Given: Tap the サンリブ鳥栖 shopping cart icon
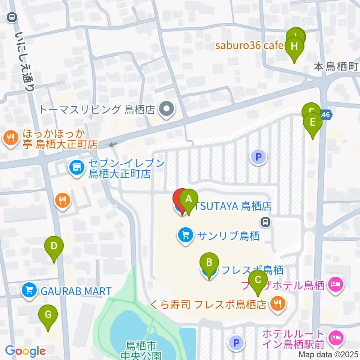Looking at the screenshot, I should click(185, 235).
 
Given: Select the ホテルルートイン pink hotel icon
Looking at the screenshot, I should click(334, 338).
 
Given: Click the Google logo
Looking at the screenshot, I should click(25, 351).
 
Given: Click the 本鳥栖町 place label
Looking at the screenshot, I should click(336, 67).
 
